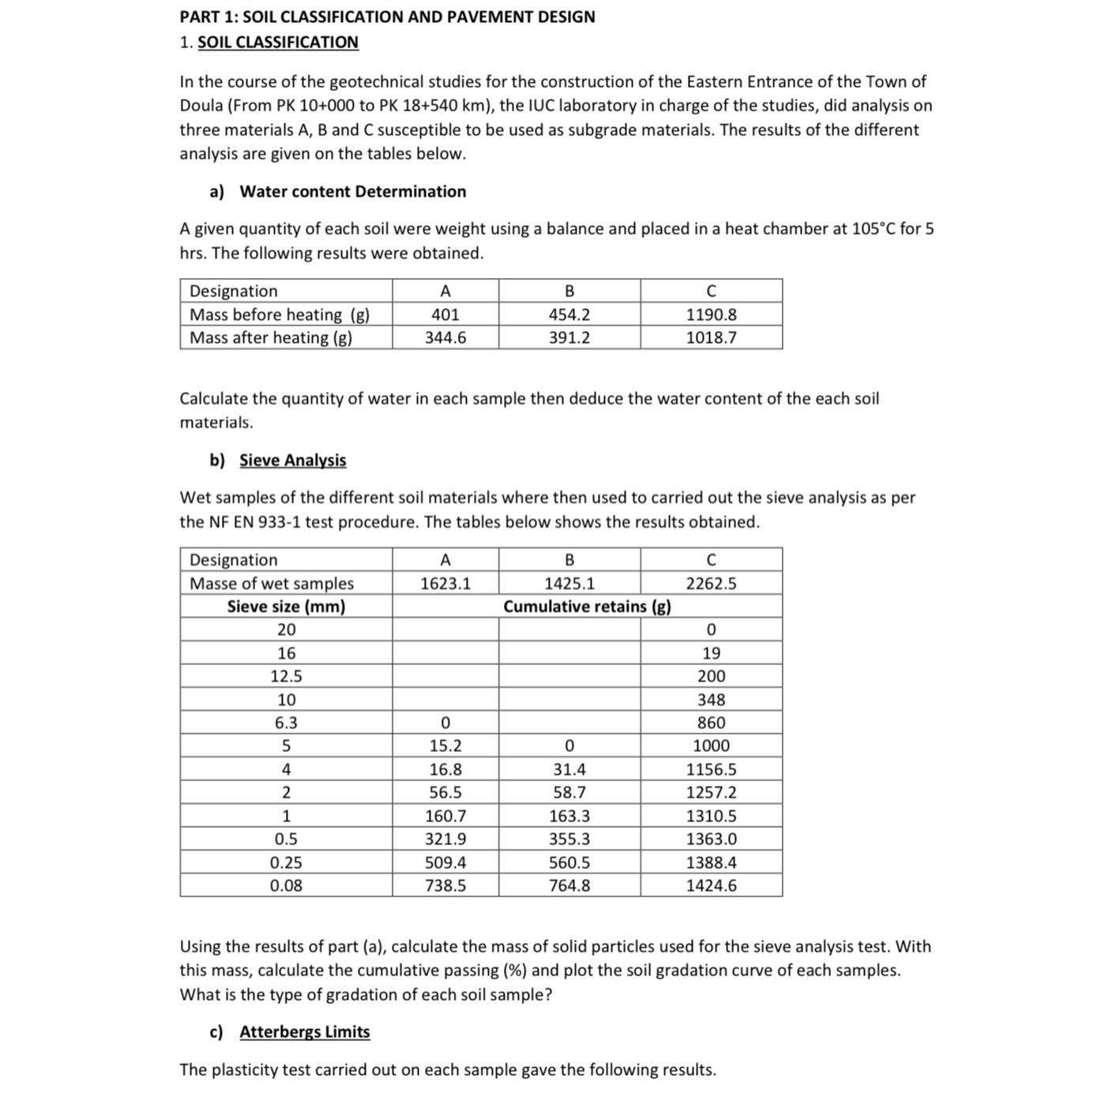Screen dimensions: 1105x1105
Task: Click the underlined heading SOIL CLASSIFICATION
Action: pyautogui.click(x=277, y=43)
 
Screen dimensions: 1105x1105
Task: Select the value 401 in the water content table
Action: pyautogui.click(x=445, y=314)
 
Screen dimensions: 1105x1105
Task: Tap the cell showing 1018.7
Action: pyautogui.click(x=711, y=338)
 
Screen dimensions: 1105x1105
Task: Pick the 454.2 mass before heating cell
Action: pyautogui.click(x=569, y=314)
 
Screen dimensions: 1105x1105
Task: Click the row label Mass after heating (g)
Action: pyautogui.click(x=271, y=338)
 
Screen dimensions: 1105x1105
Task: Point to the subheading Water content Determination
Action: pyautogui.click(x=352, y=192)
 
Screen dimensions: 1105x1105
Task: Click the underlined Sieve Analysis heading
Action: pyautogui.click(x=292, y=460)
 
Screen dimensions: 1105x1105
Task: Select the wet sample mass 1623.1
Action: pyautogui.click(x=445, y=584)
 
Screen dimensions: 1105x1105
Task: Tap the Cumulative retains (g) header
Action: pyautogui.click(x=587, y=607)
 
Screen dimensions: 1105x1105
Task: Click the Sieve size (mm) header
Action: pyautogui.click(x=286, y=607)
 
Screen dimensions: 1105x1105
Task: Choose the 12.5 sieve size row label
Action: pyautogui.click(x=286, y=677)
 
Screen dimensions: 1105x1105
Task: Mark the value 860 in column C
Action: pyautogui.click(x=711, y=723)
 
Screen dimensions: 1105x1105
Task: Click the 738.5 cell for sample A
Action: pyautogui.click(x=445, y=886)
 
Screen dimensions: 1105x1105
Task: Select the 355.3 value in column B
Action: pyautogui.click(x=569, y=840)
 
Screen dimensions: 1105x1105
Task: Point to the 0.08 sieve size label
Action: pyautogui.click(x=286, y=886)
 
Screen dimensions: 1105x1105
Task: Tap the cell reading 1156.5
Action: pyautogui.click(x=711, y=769)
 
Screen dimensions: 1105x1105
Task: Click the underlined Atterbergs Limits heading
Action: pyautogui.click(x=304, y=1032)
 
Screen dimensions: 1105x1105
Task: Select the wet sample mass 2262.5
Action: pyautogui.click(x=711, y=584)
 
